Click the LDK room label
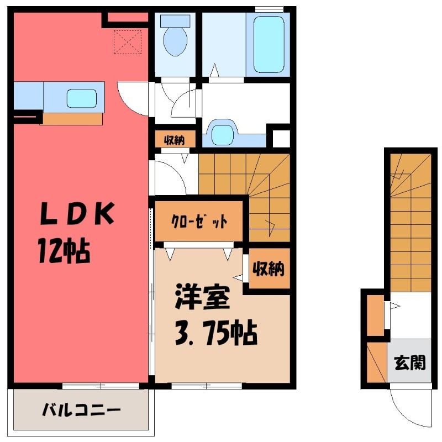pyautogui.click(x=77, y=213)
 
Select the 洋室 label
pyautogui.click(x=202, y=297)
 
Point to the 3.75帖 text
pyautogui.click(x=216, y=333)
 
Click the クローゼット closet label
pyautogui.click(x=199, y=222)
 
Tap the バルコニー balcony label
pyautogui.click(x=81, y=410)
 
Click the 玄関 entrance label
pyautogui.click(x=409, y=363)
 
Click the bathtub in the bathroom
pyautogui.click(x=269, y=44)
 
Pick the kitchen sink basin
pyautogui.click(x=82, y=98)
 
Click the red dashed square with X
pyautogui.click(x=128, y=42)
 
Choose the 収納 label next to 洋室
pyautogui.click(x=269, y=269)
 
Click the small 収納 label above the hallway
pyautogui.click(x=175, y=140)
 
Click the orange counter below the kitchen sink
pyautogui.click(x=71, y=119)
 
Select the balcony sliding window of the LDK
pyautogui.click(x=101, y=386)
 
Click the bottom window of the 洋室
pyautogui.click(x=207, y=386)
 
